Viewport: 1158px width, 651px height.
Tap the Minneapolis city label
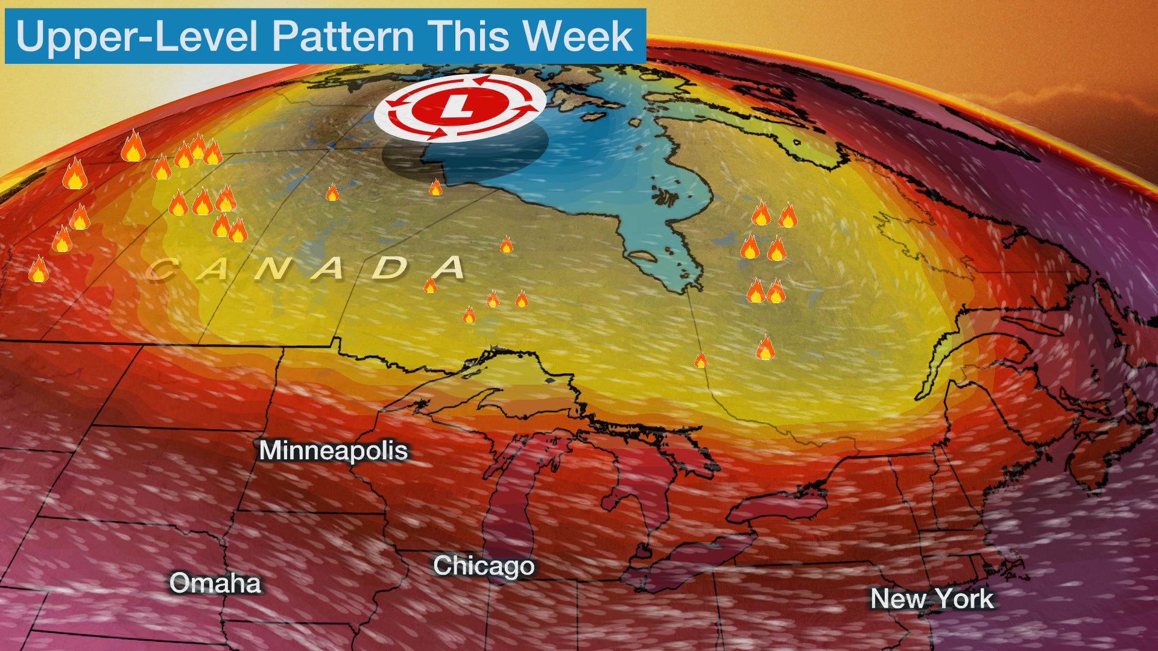click(333, 451)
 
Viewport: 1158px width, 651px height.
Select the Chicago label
click(484, 565)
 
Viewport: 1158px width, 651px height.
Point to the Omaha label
click(215, 583)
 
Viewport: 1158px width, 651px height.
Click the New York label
click(932, 599)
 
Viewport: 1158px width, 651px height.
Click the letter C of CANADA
click(160, 269)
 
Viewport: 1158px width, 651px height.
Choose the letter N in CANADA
click(272, 269)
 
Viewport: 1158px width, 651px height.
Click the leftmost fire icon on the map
click(38, 269)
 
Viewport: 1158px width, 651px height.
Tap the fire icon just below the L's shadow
click(435, 188)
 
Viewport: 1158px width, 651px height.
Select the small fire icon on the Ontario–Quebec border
click(700, 360)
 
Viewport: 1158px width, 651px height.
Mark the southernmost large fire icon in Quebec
click(765, 348)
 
